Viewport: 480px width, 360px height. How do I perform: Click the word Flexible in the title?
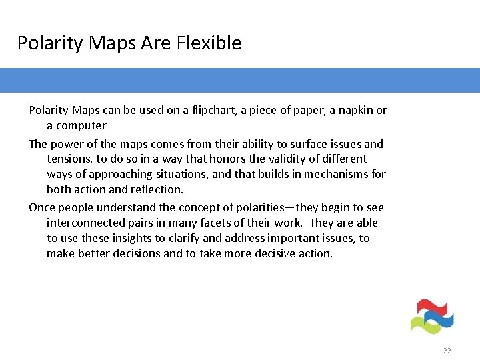pyautogui.click(x=209, y=43)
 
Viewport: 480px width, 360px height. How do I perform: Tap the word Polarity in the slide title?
pyautogui.click(x=45, y=43)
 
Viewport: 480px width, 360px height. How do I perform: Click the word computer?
pyautogui.click(x=81, y=125)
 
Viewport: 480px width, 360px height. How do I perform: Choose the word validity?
pyautogui.click(x=273, y=159)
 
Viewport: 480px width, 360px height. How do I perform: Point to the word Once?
pyautogui.click(x=43, y=207)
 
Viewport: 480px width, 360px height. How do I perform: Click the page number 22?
pyautogui.click(x=447, y=351)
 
